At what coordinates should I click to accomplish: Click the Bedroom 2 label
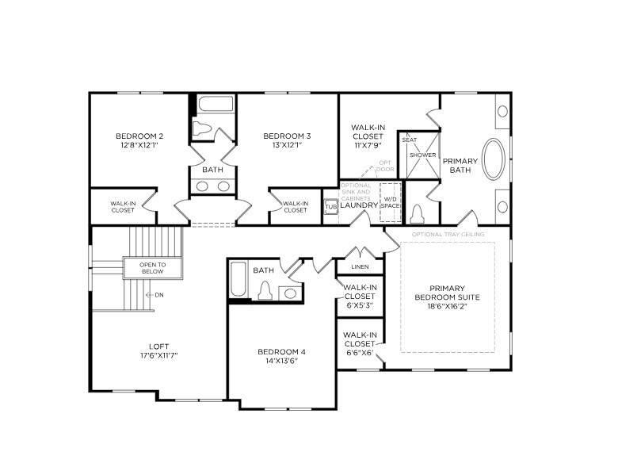pyautogui.click(x=139, y=136)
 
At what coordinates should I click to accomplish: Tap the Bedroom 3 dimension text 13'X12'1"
pyautogui.click(x=287, y=145)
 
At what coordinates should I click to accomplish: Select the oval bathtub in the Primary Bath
pyautogui.click(x=494, y=159)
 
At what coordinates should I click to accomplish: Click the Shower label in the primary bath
pyautogui.click(x=422, y=155)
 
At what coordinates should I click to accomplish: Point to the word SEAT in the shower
pyautogui.click(x=410, y=140)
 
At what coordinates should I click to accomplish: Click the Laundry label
pyautogui.click(x=359, y=205)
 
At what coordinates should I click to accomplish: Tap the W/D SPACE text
pyautogui.click(x=390, y=202)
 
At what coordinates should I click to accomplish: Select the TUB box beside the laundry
pyautogui.click(x=330, y=206)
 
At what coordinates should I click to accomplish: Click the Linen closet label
pyautogui.click(x=359, y=266)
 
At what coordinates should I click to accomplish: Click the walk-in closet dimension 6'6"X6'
pyautogui.click(x=359, y=353)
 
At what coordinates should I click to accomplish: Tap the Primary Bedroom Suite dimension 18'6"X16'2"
pyautogui.click(x=448, y=306)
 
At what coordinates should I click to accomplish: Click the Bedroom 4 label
pyautogui.click(x=281, y=351)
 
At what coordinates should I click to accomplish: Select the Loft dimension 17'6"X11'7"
pyautogui.click(x=158, y=355)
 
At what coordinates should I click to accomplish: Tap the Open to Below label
pyautogui.click(x=151, y=268)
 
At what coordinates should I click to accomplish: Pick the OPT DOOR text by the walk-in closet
pyautogui.click(x=385, y=166)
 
